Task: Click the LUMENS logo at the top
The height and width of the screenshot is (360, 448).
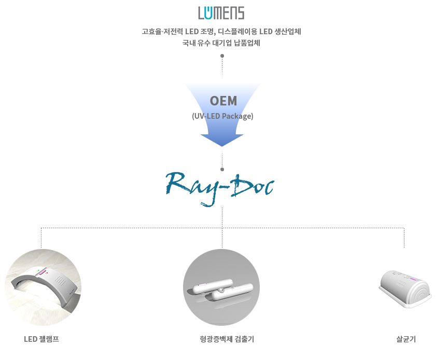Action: pyautogui.click(x=221, y=13)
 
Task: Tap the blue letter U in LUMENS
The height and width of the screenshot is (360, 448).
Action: pyautogui.click(x=212, y=13)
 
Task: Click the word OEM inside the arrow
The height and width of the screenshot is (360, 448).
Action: pyautogui.click(x=223, y=100)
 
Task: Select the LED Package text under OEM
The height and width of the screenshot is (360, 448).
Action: pyautogui.click(x=222, y=117)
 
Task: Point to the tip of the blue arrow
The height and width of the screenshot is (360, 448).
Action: pyautogui.click(x=222, y=145)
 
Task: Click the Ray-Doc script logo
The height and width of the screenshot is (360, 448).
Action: pyautogui.click(x=220, y=188)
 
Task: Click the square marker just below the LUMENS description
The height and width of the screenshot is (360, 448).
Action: pyautogui.click(x=222, y=56)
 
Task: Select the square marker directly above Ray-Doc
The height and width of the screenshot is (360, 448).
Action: pyautogui.click(x=222, y=169)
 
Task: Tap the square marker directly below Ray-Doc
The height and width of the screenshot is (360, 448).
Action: pyautogui.click(x=222, y=207)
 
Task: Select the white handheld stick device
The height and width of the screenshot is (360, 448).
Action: pyautogui.click(x=221, y=292)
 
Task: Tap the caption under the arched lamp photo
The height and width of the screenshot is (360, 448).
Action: pyautogui.click(x=42, y=339)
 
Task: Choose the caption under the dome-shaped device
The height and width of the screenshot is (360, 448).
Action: pyautogui.click(x=405, y=339)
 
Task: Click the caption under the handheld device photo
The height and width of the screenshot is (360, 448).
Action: pyautogui.click(x=226, y=339)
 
